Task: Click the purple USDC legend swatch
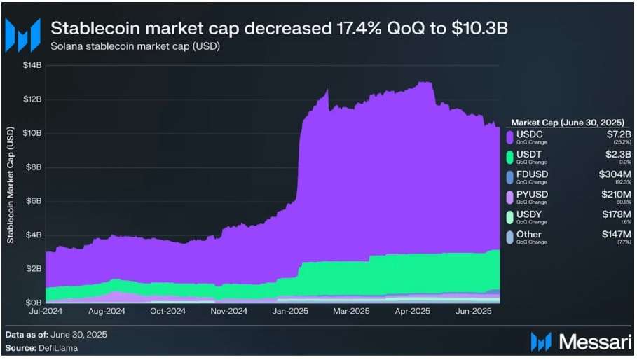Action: tap(509, 136)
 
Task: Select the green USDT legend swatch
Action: tap(509, 156)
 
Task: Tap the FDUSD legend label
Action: tap(533, 174)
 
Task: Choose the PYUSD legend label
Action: tap(533, 194)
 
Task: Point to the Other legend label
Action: tap(530, 235)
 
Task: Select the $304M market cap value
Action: tap(615, 174)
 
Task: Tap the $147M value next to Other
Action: tap(615, 235)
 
